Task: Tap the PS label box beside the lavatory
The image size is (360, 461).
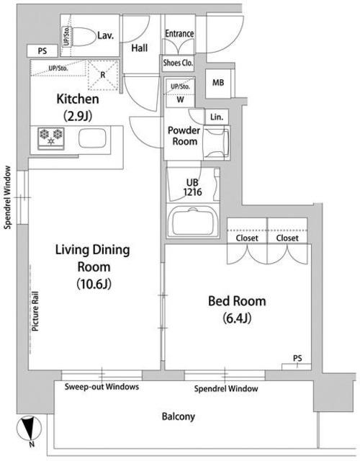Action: pos(42,51)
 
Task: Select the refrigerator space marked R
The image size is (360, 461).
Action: pos(103,75)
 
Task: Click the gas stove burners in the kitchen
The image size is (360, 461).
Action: pos(51,138)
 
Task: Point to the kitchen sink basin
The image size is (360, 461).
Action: pos(92,138)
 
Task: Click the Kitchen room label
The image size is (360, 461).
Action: pos(78,99)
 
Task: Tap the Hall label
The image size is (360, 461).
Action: pos(139,48)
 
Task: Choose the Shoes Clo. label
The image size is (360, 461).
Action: pos(178,63)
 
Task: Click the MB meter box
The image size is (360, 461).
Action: pos(218,84)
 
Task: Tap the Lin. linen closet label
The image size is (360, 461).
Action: pos(217,117)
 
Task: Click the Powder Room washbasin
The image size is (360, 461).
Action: pos(216,143)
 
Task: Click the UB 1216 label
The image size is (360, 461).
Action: pos(192,187)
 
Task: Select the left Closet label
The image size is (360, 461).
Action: pos(247,238)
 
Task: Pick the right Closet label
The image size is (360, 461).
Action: pos(287,238)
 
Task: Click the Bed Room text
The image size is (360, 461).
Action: pos(237,301)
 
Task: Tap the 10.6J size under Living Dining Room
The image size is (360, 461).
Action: pos(94,284)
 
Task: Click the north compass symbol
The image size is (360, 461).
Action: pos(29,429)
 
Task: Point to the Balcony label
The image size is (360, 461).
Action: pos(179,416)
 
